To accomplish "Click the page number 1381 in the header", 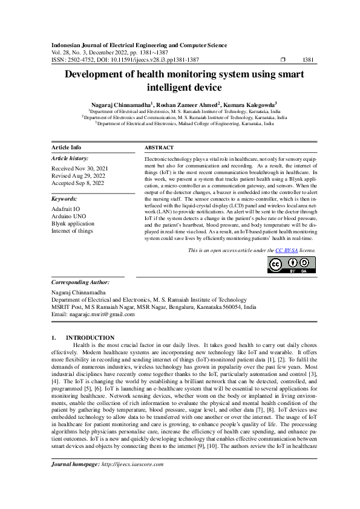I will click(307, 60).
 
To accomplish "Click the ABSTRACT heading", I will click(159, 148).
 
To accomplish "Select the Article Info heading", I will click(67, 148).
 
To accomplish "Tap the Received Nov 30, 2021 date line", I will click(80, 168).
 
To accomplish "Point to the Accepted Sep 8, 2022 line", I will click(79, 183).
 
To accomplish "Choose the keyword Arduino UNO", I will click(68, 215).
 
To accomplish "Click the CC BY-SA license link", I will click(284, 250).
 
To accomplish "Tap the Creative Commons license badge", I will click(291, 265).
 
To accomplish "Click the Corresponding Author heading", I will click(80, 282).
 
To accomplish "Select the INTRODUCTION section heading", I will click(90, 337).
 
